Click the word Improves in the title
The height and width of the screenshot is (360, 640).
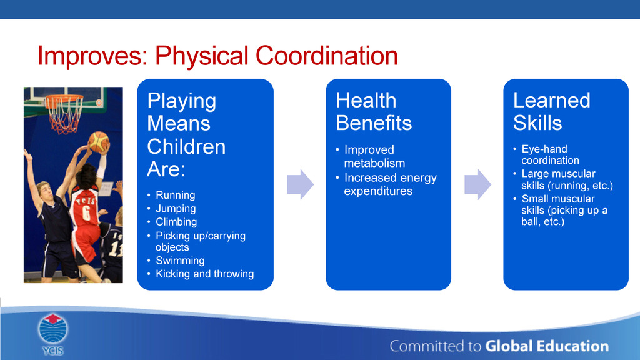[92, 56]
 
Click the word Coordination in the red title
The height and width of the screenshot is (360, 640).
[326, 55]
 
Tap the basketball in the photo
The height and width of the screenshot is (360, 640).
[98, 141]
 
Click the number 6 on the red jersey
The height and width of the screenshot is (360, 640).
[86, 212]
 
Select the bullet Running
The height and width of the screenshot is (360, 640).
[176, 195]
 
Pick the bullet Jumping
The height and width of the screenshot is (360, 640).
[176, 209]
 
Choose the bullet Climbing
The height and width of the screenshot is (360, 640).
[176, 222]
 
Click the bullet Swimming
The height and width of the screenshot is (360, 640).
[180, 261]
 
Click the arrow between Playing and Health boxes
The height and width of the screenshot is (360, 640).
[300, 184]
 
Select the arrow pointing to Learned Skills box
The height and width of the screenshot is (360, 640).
[477, 184]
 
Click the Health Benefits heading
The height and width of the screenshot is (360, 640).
[374, 111]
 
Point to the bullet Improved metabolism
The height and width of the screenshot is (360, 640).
[374, 156]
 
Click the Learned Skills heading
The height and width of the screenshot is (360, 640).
[551, 111]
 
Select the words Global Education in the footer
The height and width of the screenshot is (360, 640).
[547, 346]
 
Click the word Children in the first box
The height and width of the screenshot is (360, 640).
[186, 146]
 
